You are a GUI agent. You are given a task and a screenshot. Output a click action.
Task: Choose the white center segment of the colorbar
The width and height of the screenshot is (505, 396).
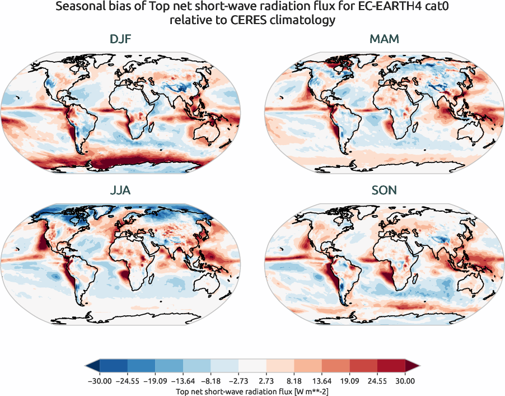(252, 366)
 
